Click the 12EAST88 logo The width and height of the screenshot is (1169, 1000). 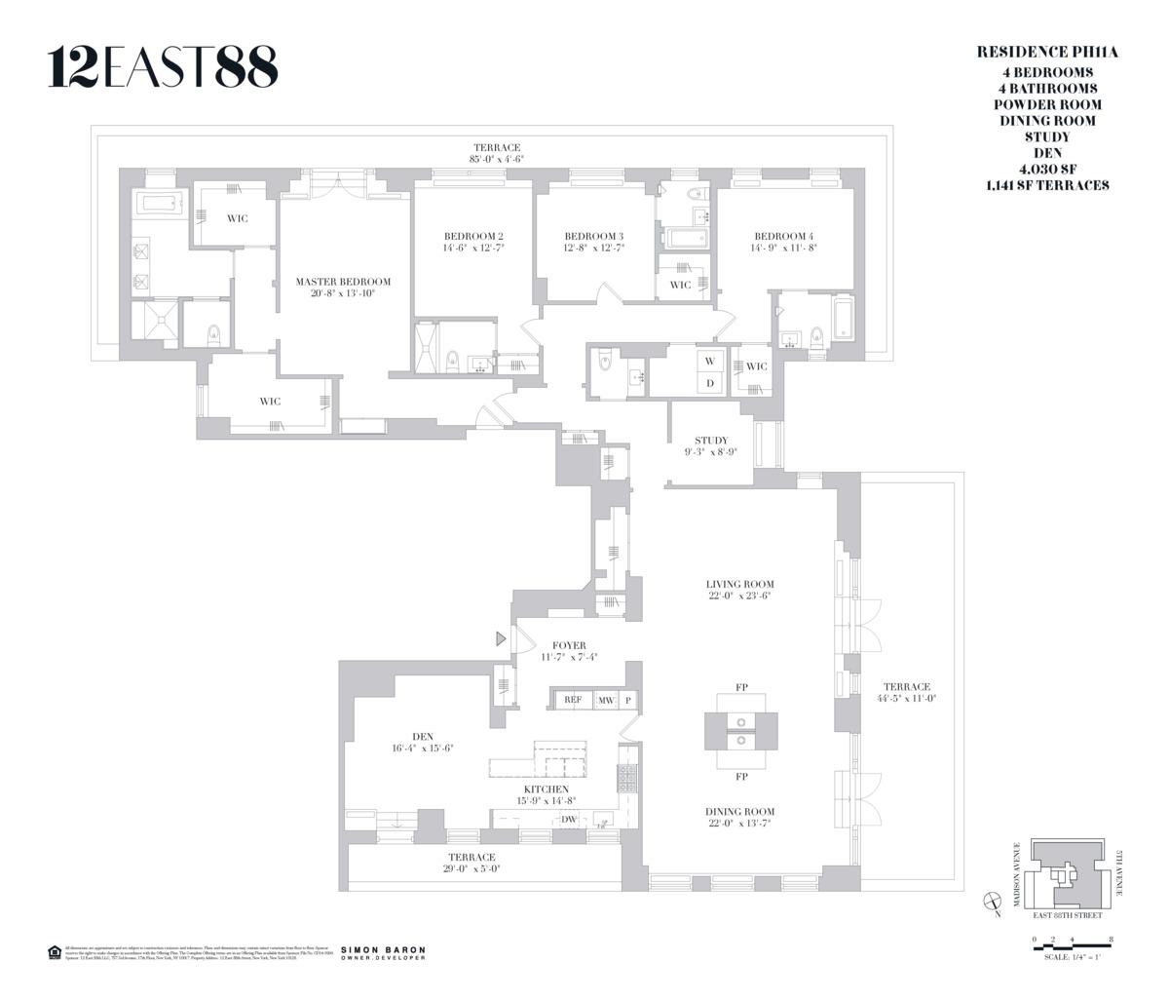click(163, 67)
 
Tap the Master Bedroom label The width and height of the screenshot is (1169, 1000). click(335, 282)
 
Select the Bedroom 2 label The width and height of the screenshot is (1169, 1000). click(473, 236)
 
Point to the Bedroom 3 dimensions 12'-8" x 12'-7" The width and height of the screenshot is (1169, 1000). click(594, 249)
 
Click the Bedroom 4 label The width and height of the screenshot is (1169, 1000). click(783, 236)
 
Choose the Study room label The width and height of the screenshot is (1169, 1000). click(711, 441)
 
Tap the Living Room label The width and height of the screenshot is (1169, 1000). click(740, 584)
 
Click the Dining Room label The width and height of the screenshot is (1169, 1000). click(740, 811)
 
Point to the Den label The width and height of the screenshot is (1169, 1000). click(423, 736)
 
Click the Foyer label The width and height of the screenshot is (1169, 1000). click(569, 645)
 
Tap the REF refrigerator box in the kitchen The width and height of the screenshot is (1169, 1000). click(572, 700)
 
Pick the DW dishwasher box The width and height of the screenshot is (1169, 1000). click(569, 820)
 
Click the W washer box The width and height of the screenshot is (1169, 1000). click(710, 361)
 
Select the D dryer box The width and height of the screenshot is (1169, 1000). click(710, 383)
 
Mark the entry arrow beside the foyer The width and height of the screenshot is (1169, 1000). click(502, 639)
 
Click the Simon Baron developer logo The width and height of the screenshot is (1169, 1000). click(383, 952)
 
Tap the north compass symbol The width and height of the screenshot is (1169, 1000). click(993, 902)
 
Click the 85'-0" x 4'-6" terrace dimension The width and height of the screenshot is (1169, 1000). click(497, 159)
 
